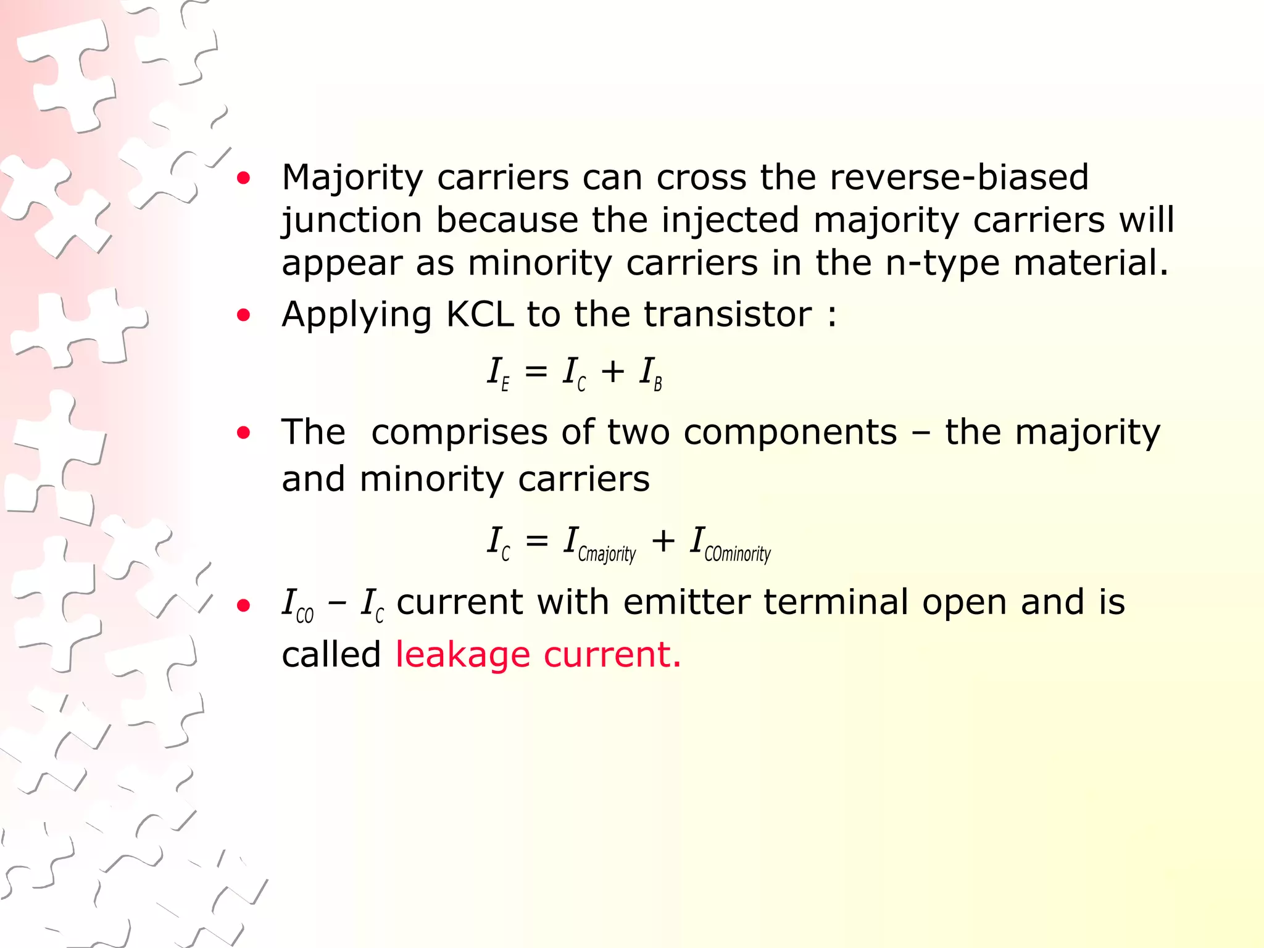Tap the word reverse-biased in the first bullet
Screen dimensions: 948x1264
click(x=959, y=177)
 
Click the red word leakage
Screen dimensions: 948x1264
click(x=462, y=655)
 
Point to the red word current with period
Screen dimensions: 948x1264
click(x=612, y=655)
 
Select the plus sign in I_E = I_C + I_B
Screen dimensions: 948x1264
click(x=613, y=372)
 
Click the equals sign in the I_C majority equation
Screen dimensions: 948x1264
click(x=536, y=541)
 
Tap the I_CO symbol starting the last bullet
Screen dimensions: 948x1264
click(x=297, y=604)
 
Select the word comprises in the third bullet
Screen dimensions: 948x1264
click(x=459, y=432)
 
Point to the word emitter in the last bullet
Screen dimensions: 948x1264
click(x=686, y=602)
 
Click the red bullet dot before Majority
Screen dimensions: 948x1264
click(x=244, y=179)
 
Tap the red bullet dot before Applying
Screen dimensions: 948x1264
click(x=244, y=316)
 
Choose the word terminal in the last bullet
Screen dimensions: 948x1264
click(x=836, y=602)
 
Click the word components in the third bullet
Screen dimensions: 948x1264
click(x=790, y=432)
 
